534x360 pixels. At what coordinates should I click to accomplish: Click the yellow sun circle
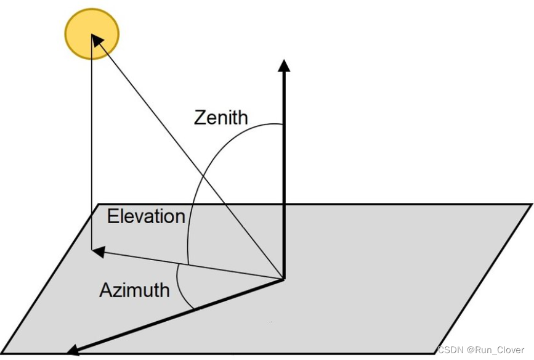coord(92,34)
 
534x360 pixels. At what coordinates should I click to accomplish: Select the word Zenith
coord(220,117)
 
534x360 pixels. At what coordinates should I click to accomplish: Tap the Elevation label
coord(146,216)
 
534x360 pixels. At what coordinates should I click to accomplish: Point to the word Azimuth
coord(134,289)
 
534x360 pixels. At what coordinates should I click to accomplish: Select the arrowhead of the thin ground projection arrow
coord(97,250)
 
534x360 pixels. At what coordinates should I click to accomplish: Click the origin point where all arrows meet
coord(284,279)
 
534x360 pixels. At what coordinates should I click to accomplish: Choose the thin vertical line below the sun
coord(91,154)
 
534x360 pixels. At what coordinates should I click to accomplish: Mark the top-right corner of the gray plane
coord(531,204)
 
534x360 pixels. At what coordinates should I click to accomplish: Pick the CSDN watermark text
coord(450,350)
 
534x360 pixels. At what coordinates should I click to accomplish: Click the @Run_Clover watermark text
coord(496,350)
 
